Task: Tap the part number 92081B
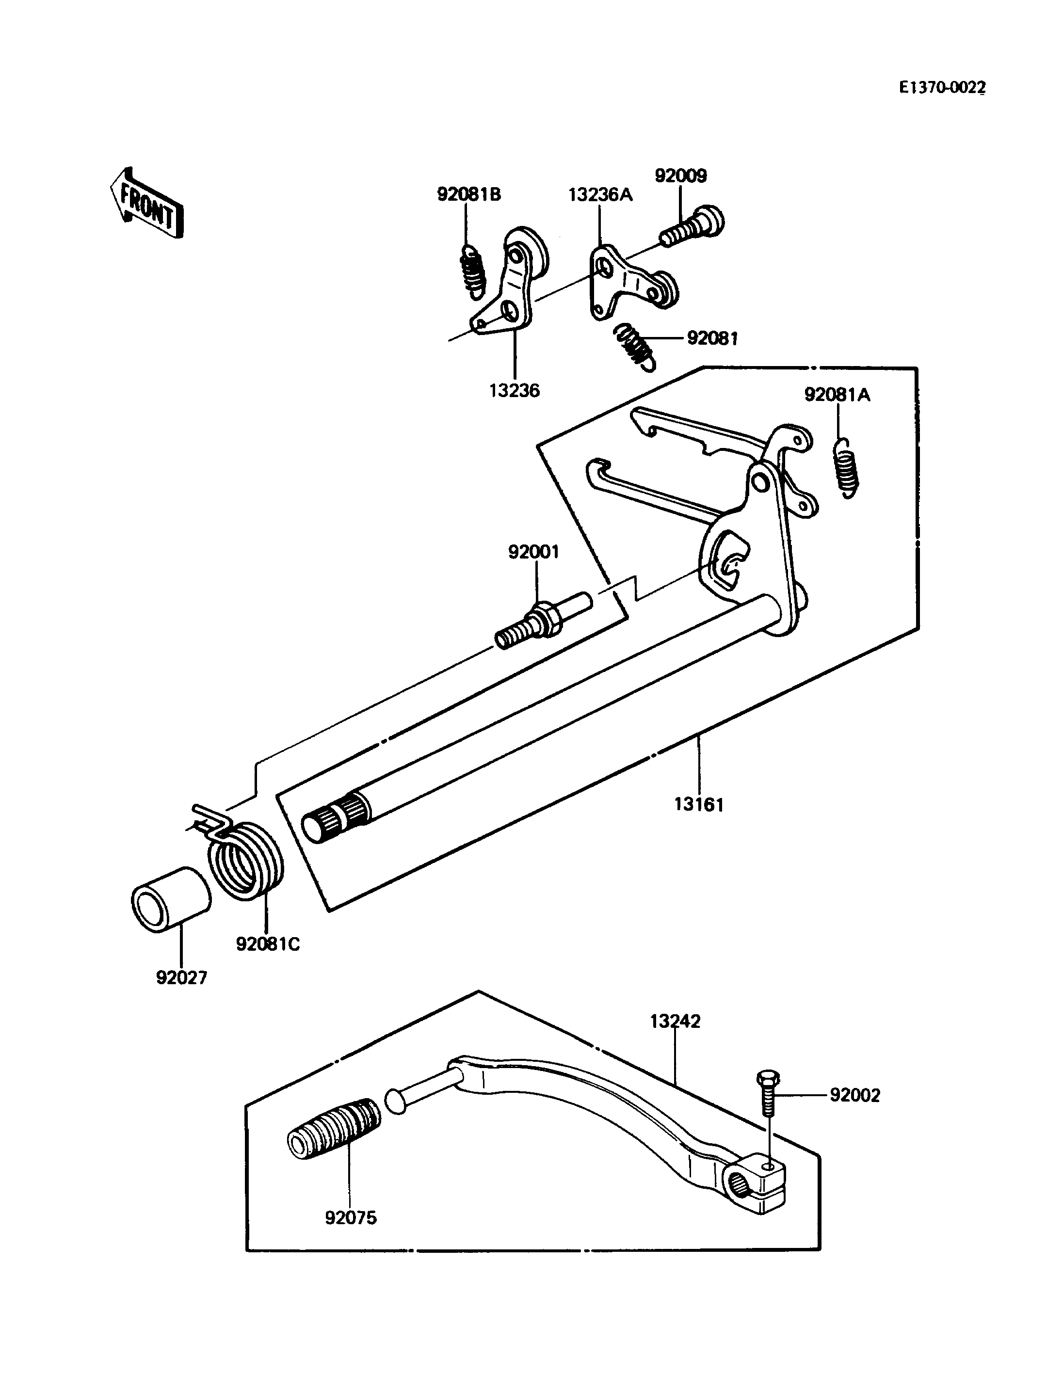coord(469,194)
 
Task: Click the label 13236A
coord(600,194)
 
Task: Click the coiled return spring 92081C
coord(243,854)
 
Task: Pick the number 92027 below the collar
coord(181,977)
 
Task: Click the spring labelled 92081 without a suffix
coord(635,346)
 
